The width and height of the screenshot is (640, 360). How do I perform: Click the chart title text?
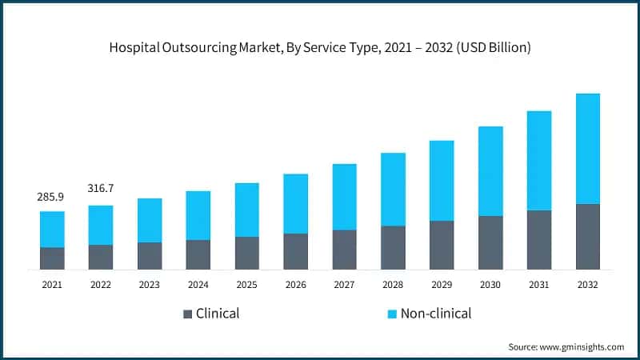pyautogui.click(x=320, y=48)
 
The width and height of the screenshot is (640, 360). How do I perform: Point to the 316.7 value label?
pyautogui.click(x=101, y=188)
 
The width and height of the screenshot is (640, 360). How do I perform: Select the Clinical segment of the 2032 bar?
pyautogui.click(x=588, y=237)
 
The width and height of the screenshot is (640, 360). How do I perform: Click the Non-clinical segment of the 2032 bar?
pyautogui.click(x=588, y=149)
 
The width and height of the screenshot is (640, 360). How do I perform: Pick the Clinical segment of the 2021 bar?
pyautogui.click(x=52, y=258)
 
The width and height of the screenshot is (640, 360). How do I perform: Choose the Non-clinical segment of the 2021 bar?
pyautogui.click(x=52, y=230)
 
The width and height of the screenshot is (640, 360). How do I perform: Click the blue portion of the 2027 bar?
pyautogui.click(x=345, y=197)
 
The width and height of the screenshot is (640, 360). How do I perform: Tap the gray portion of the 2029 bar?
pyautogui.click(x=442, y=245)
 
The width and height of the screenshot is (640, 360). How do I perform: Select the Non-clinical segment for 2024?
pyautogui.click(x=198, y=215)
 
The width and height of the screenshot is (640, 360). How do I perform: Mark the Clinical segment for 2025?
pyautogui.click(x=247, y=253)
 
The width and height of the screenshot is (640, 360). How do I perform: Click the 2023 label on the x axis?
pyautogui.click(x=150, y=284)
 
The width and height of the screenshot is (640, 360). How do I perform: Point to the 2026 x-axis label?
pyautogui.click(x=296, y=284)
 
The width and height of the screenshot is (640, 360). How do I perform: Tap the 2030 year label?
pyautogui.click(x=490, y=284)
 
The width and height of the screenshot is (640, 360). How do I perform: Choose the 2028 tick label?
pyautogui.click(x=393, y=284)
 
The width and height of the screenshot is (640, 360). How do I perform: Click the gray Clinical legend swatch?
pyautogui.click(x=188, y=314)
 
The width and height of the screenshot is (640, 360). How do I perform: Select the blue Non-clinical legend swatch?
pyautogui.click(x=391, y=314)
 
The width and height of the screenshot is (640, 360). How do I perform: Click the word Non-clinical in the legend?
pyautogui.click(x=437, y=314)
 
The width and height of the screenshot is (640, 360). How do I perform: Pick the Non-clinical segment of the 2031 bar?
pyautogui.click(x=539, y=161)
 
